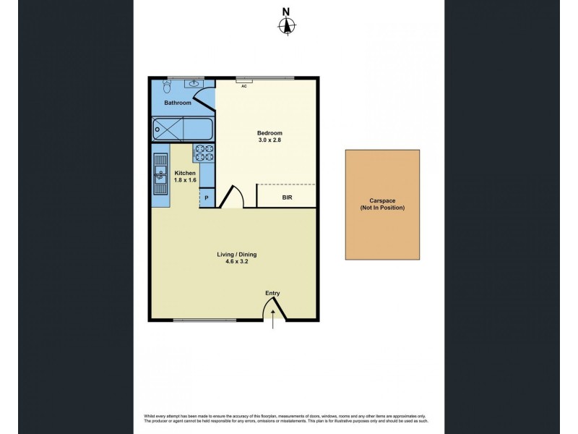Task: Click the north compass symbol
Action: [287, 26]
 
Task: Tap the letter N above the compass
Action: [287, 11]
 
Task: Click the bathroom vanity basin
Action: [194, 84]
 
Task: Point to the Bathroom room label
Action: [178, 103]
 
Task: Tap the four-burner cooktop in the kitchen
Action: [203, 153]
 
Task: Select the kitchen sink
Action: [159, 174]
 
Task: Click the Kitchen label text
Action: [185, 172]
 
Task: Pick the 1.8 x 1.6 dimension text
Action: [185, 180]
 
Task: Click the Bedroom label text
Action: [269, 133]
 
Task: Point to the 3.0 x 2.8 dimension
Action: [269, 141]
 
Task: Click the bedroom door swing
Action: [232, 197]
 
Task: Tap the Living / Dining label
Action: [237, 255]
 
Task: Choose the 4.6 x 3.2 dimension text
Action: [237, 263]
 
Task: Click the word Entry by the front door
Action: [272, 293]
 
